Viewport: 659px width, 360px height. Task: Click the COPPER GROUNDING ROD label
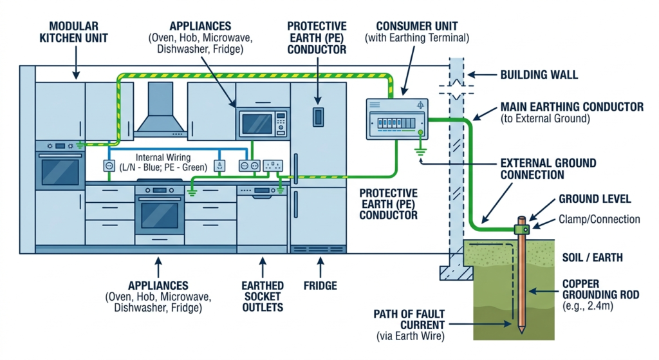[600, 289]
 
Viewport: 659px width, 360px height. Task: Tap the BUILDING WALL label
[539, 75]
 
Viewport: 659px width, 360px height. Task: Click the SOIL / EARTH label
[593, 258]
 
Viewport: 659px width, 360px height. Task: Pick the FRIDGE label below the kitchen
[320, 285]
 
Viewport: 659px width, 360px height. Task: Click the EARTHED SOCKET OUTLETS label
[262, 296]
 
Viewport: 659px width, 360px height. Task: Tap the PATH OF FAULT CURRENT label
[409, 319]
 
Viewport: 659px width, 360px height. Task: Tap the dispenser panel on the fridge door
[317, 117]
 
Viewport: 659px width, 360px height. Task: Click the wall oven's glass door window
[60, 171]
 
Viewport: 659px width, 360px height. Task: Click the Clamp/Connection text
[599, 220]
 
